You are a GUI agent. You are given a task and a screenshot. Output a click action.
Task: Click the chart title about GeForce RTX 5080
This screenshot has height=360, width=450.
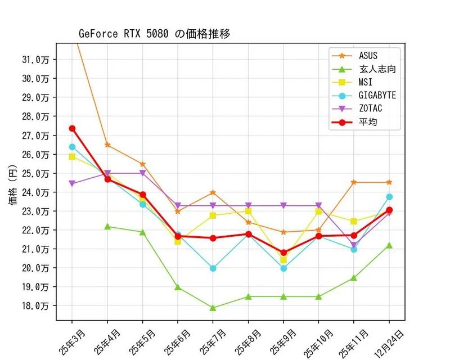click(154, 34)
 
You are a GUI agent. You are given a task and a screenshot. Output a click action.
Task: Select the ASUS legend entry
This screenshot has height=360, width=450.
click(368, 56)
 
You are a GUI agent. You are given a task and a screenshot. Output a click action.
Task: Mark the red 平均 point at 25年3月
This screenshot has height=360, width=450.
click(73, 129)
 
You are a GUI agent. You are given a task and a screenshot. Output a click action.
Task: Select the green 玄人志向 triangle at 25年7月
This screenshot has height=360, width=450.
click(213, 308)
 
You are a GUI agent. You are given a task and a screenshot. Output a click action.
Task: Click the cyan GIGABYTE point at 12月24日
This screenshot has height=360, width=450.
click(389, 197)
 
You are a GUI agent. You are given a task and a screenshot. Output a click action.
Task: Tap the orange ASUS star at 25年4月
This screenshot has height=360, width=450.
click(107, 145)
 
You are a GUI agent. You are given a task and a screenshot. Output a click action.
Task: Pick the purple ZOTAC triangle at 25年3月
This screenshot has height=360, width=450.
click(73, 183)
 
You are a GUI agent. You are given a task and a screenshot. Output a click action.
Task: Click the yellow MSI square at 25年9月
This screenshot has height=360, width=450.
click(283, 260)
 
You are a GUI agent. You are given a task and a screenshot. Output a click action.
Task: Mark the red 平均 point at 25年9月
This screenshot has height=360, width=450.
click(283, 253)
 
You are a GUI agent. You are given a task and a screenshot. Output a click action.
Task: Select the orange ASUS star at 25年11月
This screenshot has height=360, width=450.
click(354, 182)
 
